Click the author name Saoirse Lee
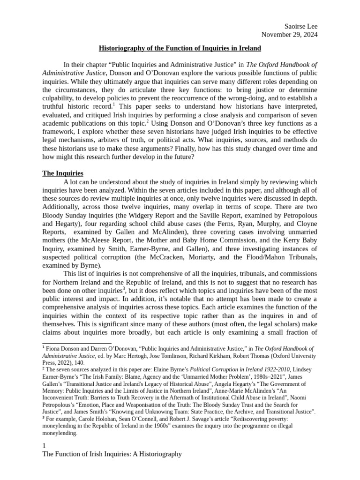pos(301,26)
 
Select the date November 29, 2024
pos(289,34)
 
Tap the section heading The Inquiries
pos(63,173)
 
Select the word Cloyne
pos(305,232)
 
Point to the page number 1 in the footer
pos(44,445)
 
